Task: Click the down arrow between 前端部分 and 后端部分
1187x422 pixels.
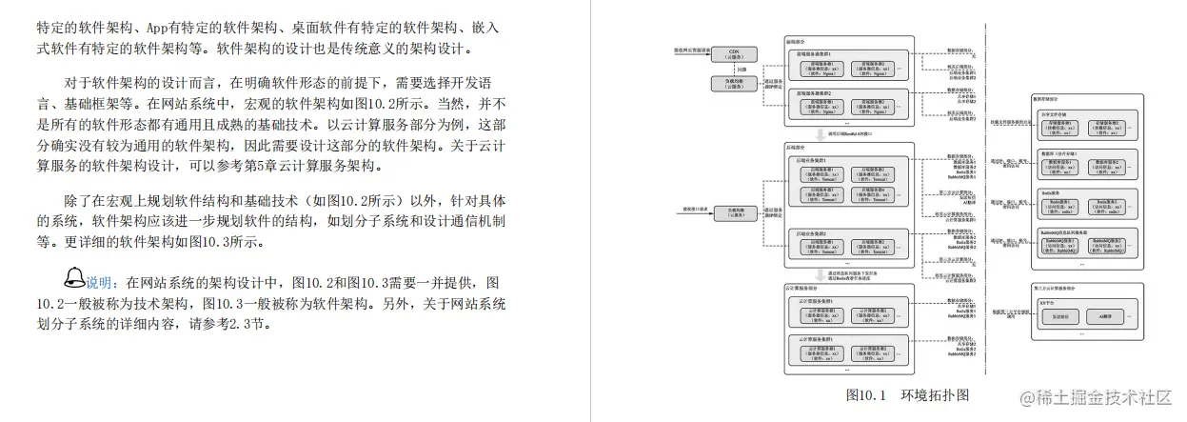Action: (x=846, y=131)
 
